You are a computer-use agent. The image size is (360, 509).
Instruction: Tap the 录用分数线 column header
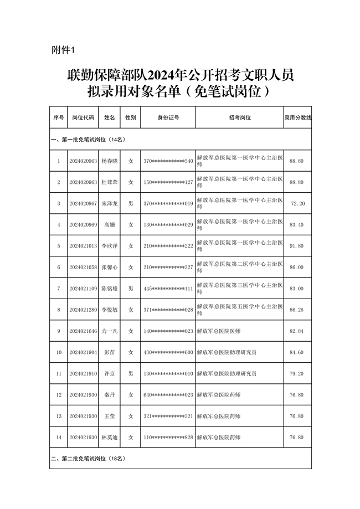tap(297, 118)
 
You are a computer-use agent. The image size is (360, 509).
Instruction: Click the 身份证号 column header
tap(168, 118)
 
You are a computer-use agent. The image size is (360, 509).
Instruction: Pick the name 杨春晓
tap(110, 161)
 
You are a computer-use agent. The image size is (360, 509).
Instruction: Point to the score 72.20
tap(297, 204)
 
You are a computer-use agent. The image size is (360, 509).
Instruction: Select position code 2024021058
tap(83, 267)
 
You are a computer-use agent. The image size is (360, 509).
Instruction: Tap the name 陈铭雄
tap(110, 289)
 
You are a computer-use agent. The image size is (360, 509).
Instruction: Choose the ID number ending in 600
tap(168, 352)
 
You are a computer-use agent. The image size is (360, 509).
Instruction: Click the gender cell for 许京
tap(131, 373)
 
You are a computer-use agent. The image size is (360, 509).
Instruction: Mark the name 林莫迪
tap(110, 438)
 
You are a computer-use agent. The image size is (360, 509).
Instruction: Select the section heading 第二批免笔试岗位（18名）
tap(89, 459)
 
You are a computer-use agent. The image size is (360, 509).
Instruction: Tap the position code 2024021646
tap(83, 331)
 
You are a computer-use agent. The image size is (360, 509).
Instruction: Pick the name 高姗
tap(110, 225)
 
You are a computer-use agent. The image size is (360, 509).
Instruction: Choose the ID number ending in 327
tap(168, 267)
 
